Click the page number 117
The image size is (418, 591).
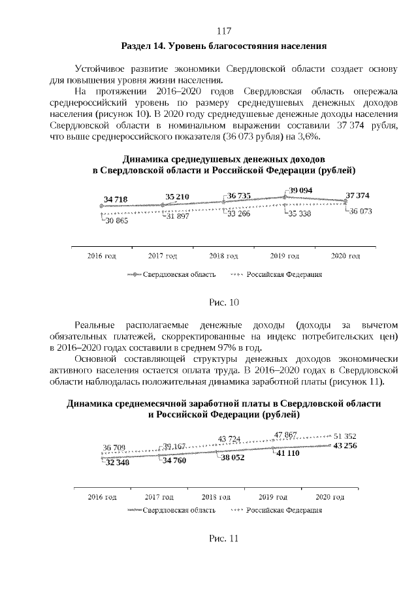pyautogui.click(x=224, y=31)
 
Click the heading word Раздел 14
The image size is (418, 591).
pyautogui.click(x=142, y=46)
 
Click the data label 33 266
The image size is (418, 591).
pyautogui.click(x=238, y=214)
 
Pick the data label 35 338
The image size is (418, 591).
pyautogui.click(x=300, y=214)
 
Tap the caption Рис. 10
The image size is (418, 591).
pyautogui.click(x=224, y=302)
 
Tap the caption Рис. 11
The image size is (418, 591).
pyautogui.click(x=224, y=539)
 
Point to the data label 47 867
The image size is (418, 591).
pyautogui.click(x=286, y=434)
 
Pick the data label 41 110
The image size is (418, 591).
pyautogui.click(x=287, y=453)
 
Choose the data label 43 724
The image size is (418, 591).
pyautogui.click(x=229, y=438)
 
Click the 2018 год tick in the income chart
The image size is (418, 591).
pyautogui.click(x=223, y=256)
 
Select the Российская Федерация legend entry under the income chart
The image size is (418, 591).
pyautogui.click(x=283, y=274)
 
